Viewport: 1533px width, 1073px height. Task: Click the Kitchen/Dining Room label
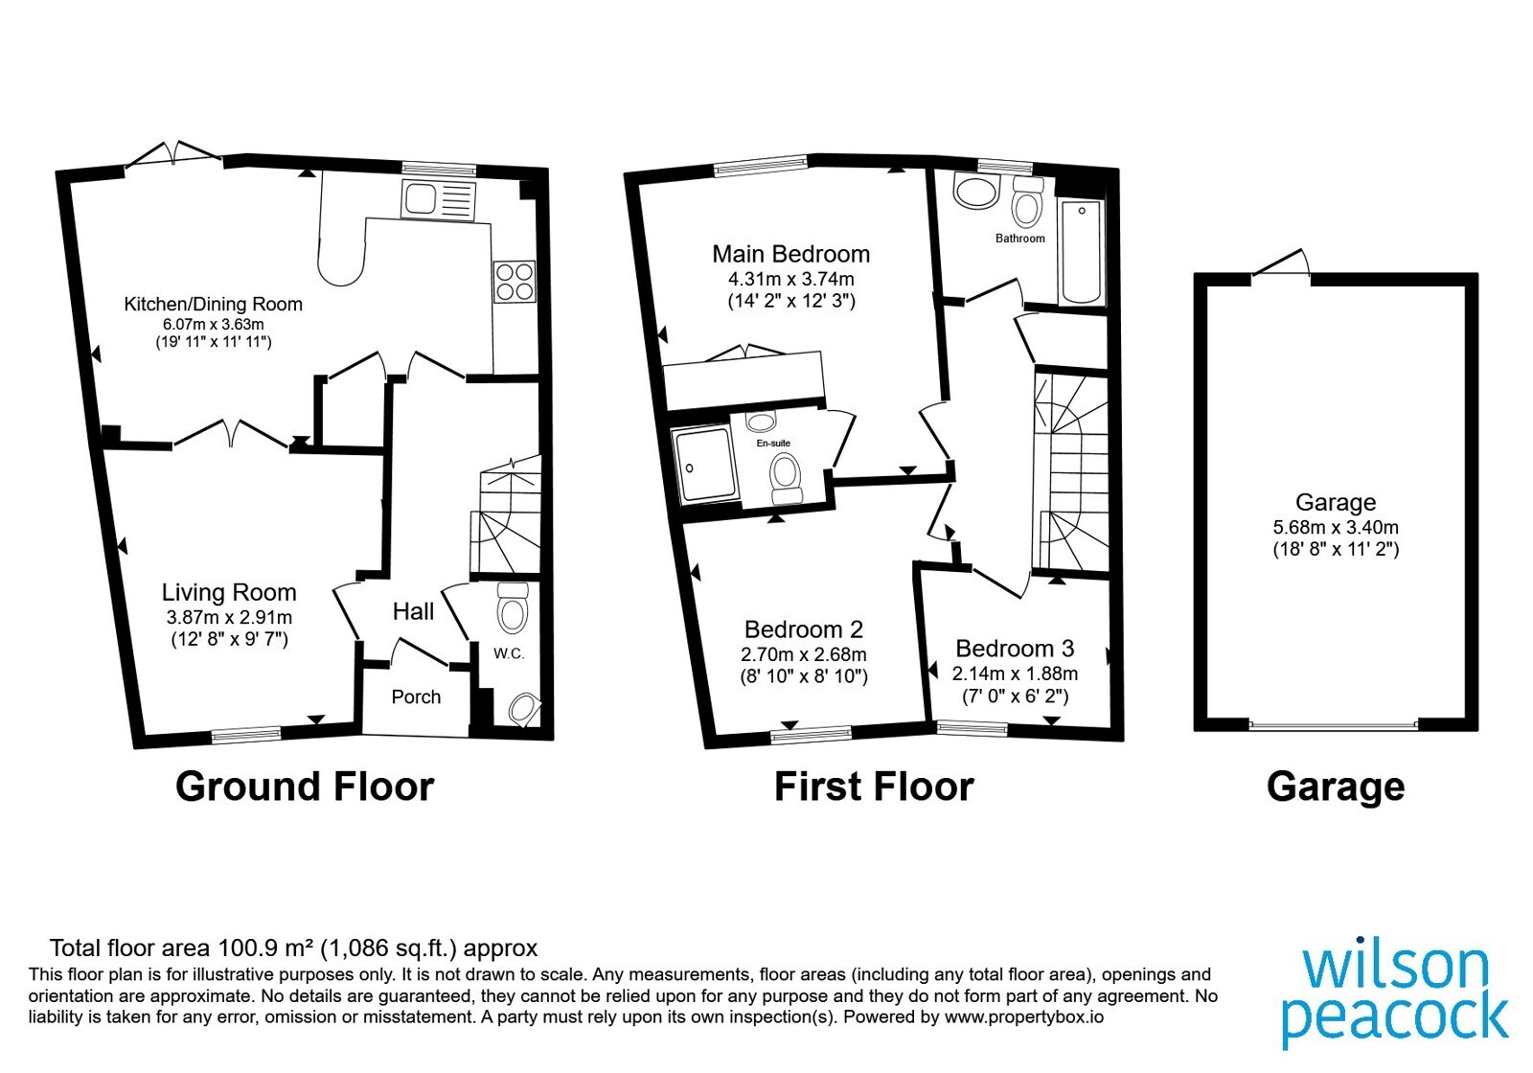tap(213, 304)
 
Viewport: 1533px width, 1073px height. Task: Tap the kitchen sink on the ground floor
tap(438, 200)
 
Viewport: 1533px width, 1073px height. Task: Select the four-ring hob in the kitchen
tap(515, 282)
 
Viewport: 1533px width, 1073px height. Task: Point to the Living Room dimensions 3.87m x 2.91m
tap(229, 617)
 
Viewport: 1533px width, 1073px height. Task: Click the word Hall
tap(413, 611)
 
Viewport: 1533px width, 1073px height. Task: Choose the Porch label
tap(416, 696)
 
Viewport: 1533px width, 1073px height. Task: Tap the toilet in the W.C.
tap(512, 607)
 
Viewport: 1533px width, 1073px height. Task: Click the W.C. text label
tap(509, 653)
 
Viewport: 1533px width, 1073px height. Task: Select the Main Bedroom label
tap(791, 254)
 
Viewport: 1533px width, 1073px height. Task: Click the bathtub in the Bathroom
tap(1082, 253)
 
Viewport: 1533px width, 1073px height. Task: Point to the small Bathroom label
tap(1019, 239)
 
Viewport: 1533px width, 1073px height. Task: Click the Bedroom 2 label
tap(804, 628)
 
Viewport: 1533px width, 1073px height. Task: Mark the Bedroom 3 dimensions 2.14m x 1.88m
tap(1015, 673)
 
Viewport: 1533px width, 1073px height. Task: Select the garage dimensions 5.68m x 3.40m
tap(1336, 528)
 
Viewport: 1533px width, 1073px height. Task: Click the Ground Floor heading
tap(305, 787)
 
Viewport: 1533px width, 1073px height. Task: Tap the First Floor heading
tap(874, 787)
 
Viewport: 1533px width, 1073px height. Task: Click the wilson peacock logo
tap(1395, 996)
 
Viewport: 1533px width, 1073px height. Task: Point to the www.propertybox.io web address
tap(1024, 1016)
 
